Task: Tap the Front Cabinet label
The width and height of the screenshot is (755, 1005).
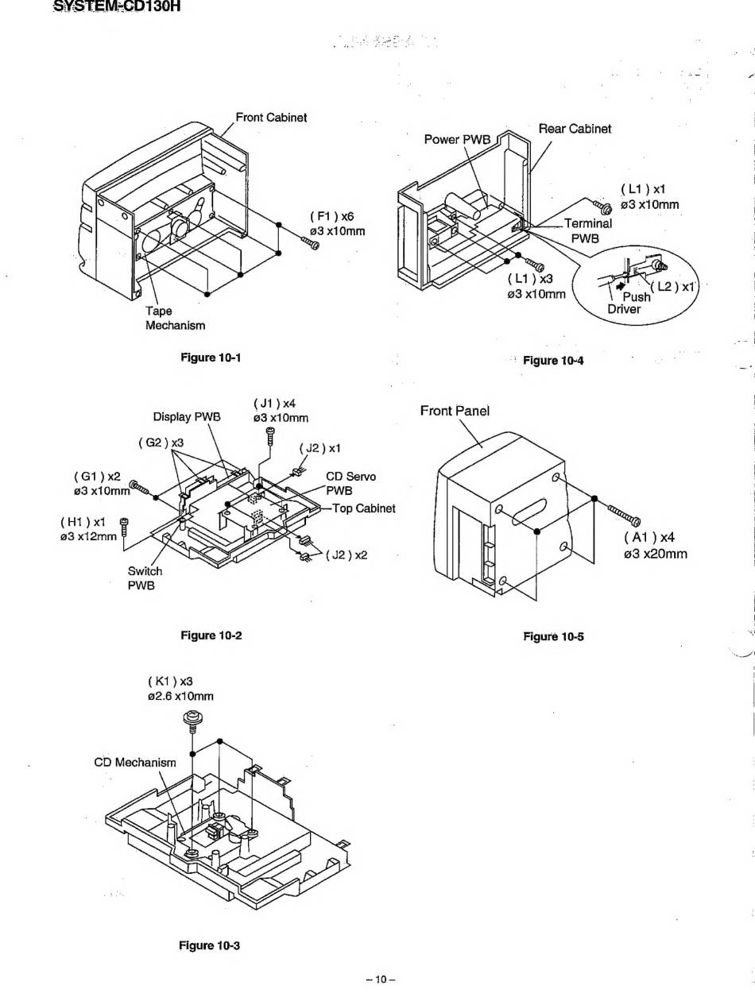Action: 272,118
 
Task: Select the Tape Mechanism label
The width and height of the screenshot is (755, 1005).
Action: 175,318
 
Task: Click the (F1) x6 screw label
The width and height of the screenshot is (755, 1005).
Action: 332,216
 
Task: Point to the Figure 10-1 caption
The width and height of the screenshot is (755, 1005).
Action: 211,358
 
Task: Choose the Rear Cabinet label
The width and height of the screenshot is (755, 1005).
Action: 575,128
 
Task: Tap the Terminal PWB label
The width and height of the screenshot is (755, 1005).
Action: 588,230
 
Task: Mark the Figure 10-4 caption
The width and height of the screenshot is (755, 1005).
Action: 553,361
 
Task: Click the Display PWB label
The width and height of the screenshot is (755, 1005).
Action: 187,416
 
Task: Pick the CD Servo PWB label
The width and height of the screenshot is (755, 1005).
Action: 350,483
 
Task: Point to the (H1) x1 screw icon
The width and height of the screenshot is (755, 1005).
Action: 123,524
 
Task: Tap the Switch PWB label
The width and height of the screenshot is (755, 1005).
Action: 145,578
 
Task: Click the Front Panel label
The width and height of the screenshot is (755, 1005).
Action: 455,411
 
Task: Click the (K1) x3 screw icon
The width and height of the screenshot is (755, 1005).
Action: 191,721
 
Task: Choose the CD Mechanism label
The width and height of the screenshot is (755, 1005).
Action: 135,762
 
